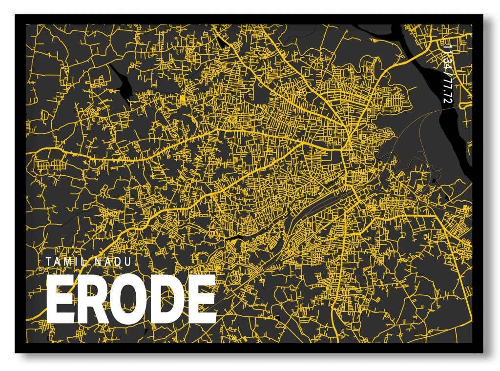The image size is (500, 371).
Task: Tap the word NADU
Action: pyautogui.click(x=113, y=262)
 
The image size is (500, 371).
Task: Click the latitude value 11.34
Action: pyautogui.click(x=447, y=59)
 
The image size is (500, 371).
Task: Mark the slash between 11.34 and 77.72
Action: pyautogui.click(x=447, y=75)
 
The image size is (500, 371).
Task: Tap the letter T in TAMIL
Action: pyautogui.click(x=49, y=262)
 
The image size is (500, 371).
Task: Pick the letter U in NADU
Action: pyautogui.click(x=127, y=262)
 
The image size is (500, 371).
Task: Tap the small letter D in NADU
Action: pyautogui.click(x=118, y=262)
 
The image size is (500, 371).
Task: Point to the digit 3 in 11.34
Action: pyautogui.click(x=447, y=62)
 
